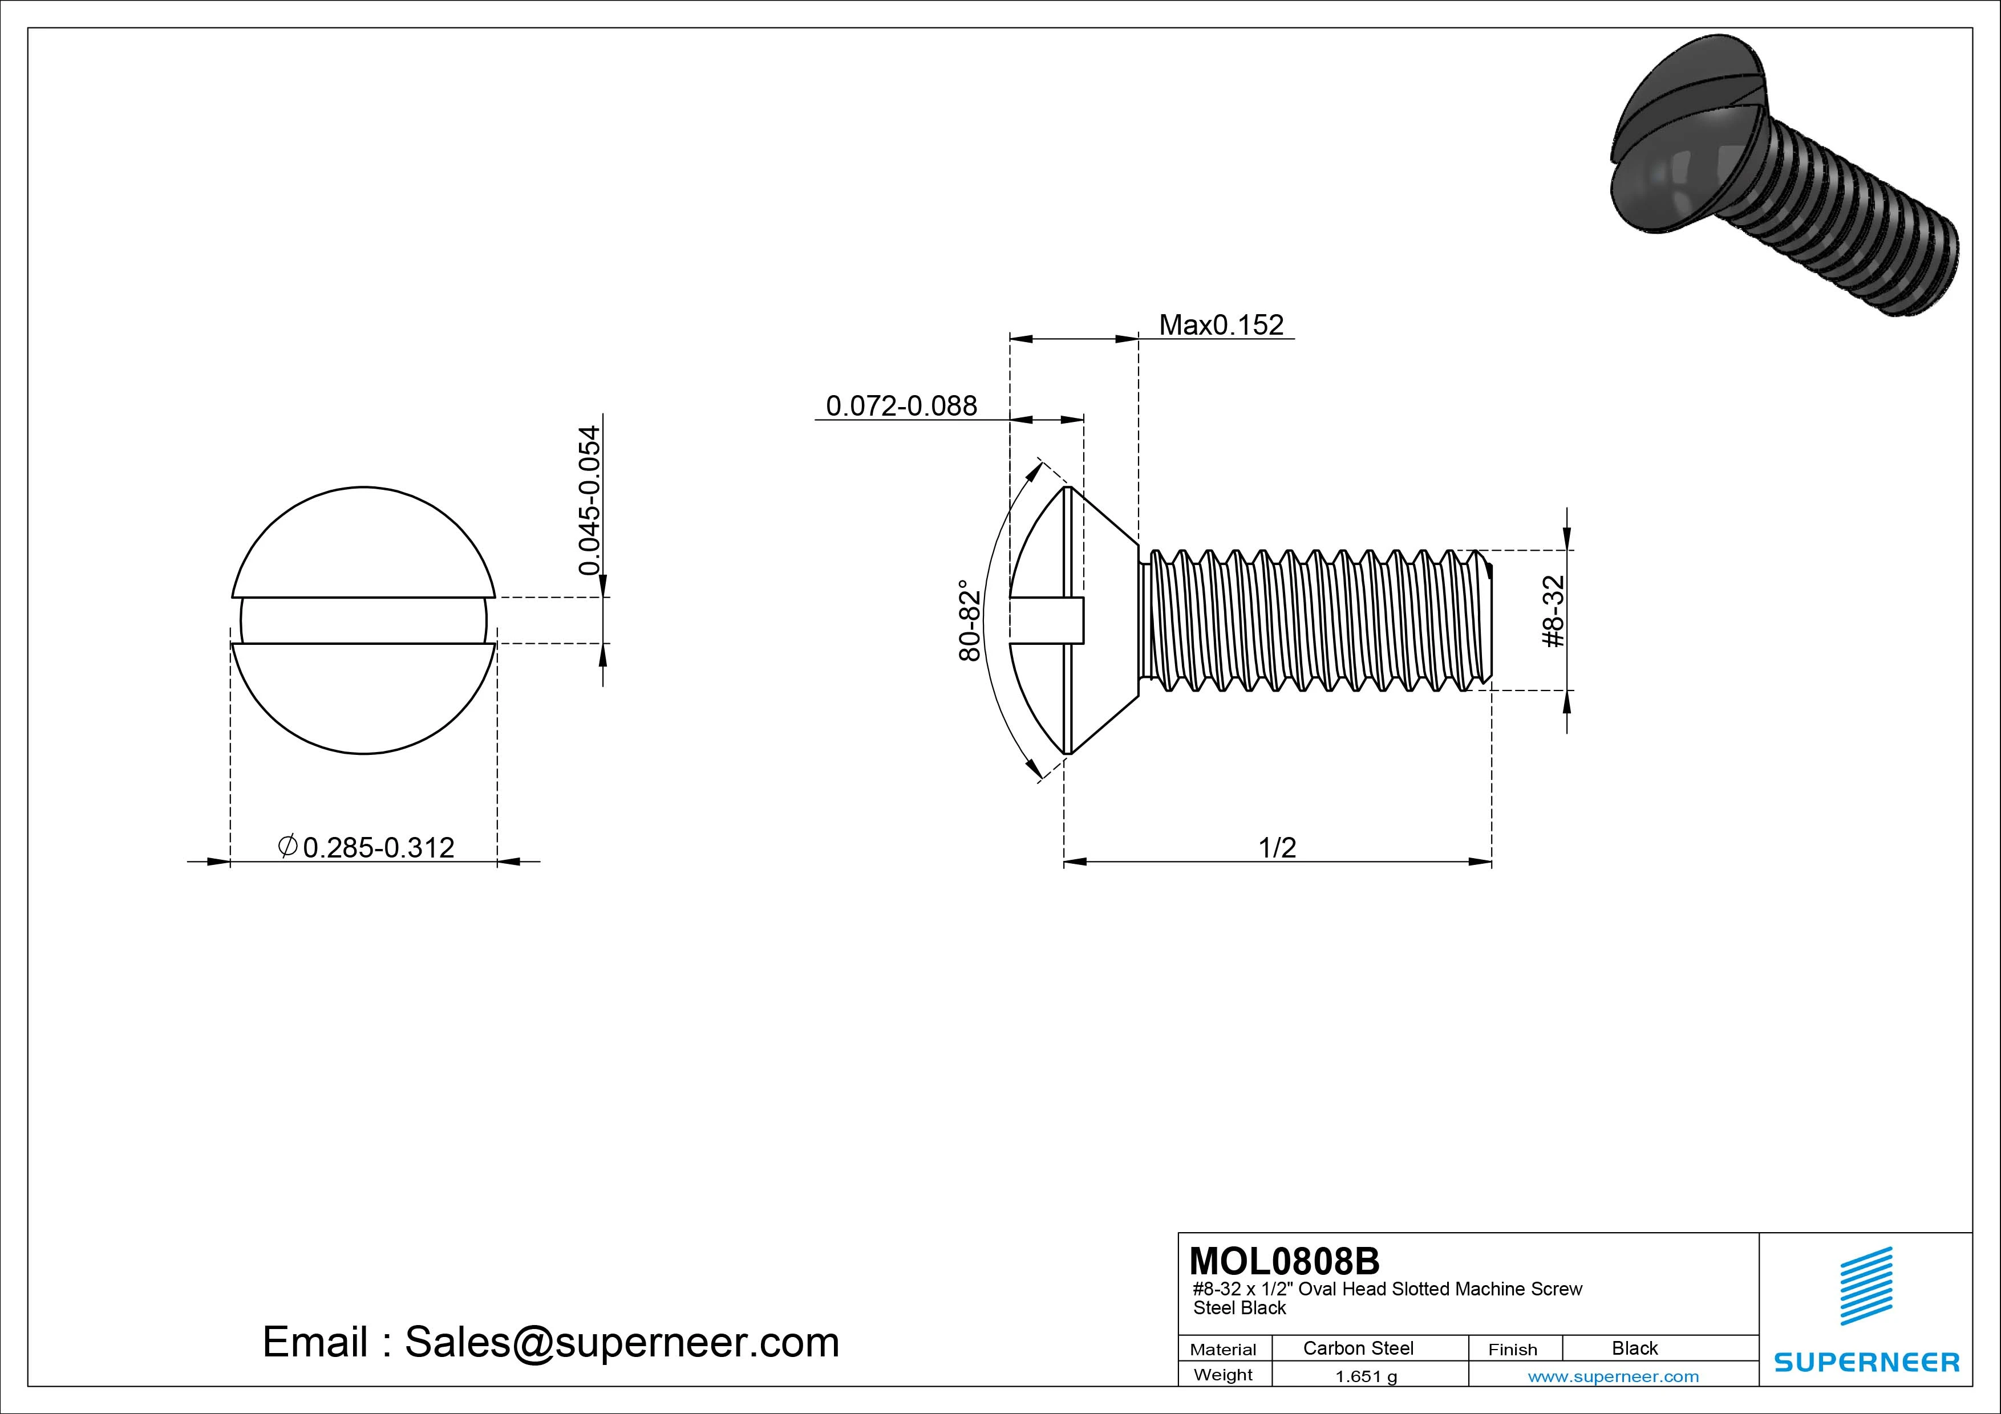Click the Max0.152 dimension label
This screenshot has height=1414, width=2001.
tap(1221, 325)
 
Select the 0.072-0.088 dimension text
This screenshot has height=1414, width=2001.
tap(901, 406)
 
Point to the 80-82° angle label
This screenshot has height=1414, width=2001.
tap(969, 620)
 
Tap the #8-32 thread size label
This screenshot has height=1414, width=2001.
tap(1554, 612)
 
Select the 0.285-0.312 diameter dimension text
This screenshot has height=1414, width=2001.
tap(378, 848)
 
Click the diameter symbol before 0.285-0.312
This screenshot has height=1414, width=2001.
tap(287, 846)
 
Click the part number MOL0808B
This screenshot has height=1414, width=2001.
tap(1284, 1261)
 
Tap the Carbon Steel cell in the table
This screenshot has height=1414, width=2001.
tap(1358, 1348)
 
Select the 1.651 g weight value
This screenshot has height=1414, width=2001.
tap(1366, 1376)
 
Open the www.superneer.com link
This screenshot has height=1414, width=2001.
tap(1613, 1376)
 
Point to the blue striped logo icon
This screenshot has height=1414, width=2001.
tap(1866, 1286)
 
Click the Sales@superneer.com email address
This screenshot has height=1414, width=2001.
tap(621, 1342)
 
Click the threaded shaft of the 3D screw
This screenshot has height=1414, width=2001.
tap(1856, 226)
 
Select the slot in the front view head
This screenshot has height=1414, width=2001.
tap(363, 620)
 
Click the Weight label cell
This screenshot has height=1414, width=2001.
tap(1223, 1375)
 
